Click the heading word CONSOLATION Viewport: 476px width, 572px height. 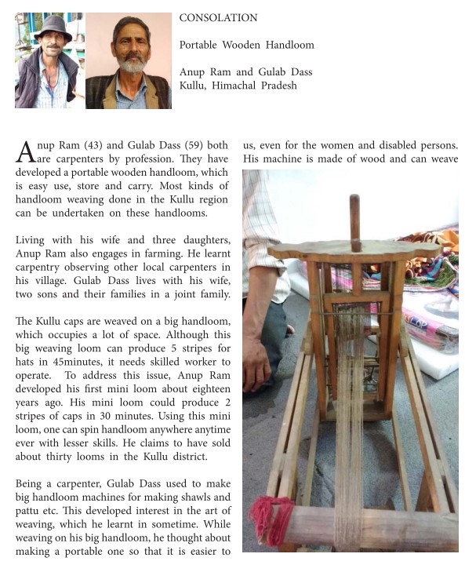click(218, 17)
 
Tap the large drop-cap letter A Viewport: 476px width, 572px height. click(25, 151)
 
